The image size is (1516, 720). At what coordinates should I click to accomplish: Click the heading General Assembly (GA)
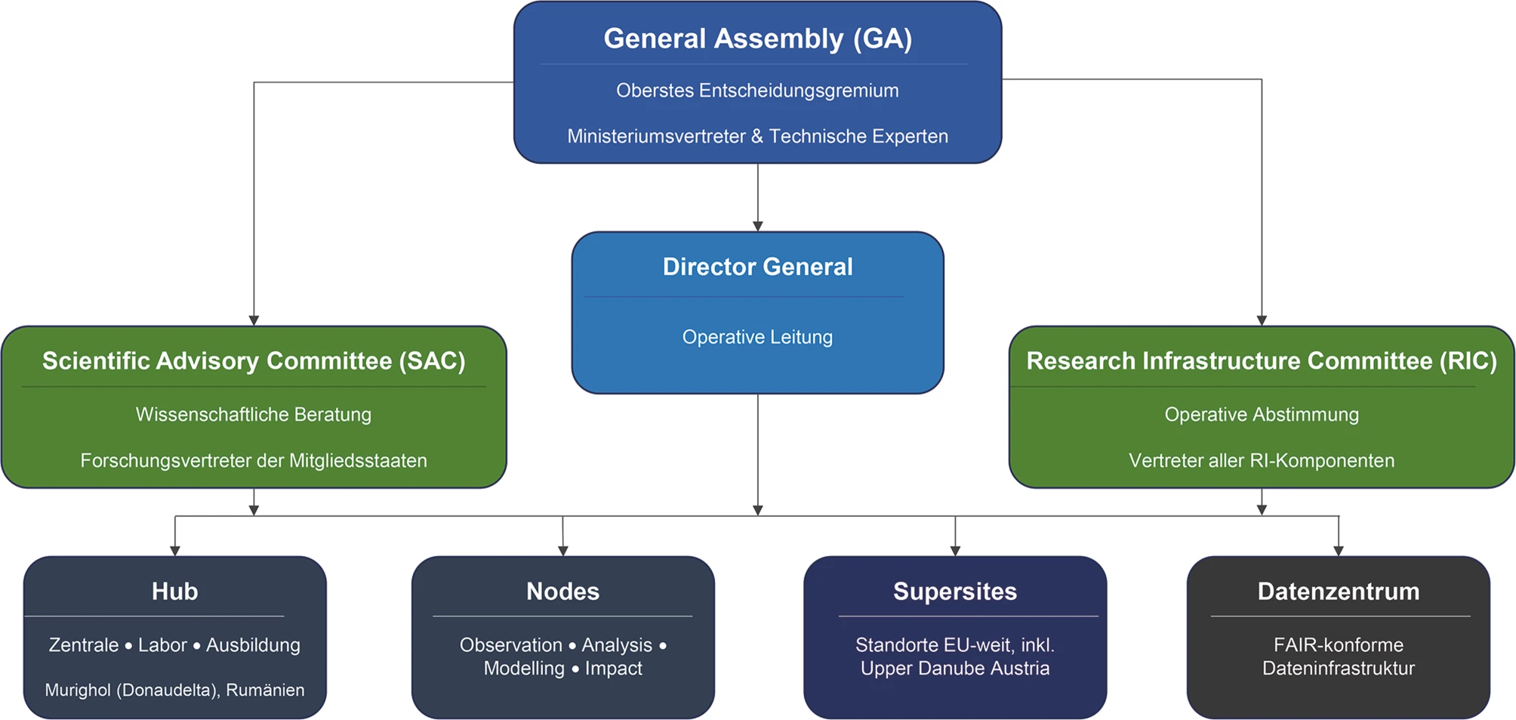pyautogui.click(x=757, y=39)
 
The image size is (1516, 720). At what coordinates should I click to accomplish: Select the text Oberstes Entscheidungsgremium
pyautogui.click(x=757, y=91)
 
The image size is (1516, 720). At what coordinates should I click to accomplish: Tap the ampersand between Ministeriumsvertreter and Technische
pyautogui.click(x=757, y=136)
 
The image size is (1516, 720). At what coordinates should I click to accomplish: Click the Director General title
pyautogui.click(x=757, y=267)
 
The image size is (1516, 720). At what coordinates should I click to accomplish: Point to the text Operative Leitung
pyautogui.click(x=757, y=337)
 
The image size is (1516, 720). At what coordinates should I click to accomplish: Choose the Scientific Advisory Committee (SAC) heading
pyautogui.click(x=254, y=361)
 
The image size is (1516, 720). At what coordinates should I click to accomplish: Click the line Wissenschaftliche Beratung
pyautogui.click(x=254, y=414)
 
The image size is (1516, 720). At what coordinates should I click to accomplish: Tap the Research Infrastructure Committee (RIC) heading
pyautogui.click(x=1262, y=361)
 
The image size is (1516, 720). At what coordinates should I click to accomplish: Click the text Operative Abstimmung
pyautogui.click(x=1262, y=414)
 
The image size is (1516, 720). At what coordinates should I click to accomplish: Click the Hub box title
pyautogui.click(x=174, y=591)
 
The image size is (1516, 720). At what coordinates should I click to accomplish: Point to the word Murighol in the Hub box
pyautogui.click(x=78, y=690)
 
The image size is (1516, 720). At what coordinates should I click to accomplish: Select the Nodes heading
pyautogui.click(x=562, y=591)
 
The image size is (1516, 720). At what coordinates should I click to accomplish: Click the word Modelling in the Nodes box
pyautogui.click(x=524, y=669)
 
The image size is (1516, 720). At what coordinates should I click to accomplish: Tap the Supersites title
pyautogui.click(x=955, y=591)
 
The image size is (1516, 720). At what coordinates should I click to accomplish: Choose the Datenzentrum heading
pyautogui.click(x=1339, y=591)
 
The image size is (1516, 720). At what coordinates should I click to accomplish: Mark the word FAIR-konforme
pyautogui.click(x=1339, y=645)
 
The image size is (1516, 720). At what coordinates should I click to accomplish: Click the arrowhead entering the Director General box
pyautogui.click(x=758, y=227)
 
